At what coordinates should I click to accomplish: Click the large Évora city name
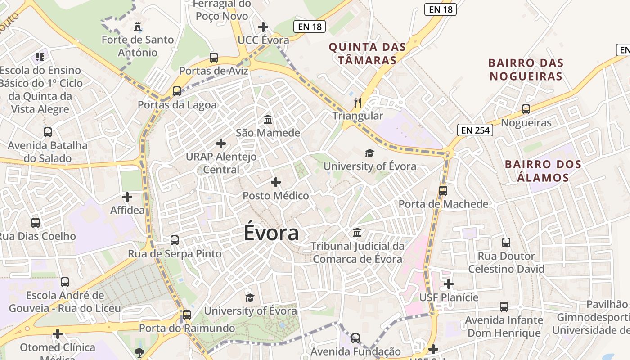[x=271, y=233]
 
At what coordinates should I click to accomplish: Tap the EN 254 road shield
[x=476, y=130]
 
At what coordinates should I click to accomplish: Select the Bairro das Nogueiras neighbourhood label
[x=526, y=69]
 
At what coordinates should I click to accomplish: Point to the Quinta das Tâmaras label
[x=367, y=54]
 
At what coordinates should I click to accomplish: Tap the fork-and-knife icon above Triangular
[x=358, y=103]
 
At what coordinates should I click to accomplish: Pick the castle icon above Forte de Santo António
[x=138, y=27]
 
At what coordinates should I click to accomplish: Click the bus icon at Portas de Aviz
[x=214, y=58]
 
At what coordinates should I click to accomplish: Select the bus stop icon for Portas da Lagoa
[x=177, y=91]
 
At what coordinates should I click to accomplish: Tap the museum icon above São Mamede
[x=268, y=120]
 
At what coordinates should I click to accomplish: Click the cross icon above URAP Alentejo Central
[x=221, y=144]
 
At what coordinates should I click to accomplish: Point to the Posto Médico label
[x=276, y=196]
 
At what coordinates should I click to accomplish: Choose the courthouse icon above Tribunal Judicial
[x=358, y=233]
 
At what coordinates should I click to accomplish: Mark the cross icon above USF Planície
[x=449, y=284]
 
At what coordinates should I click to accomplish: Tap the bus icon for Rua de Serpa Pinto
[x=175, y=240]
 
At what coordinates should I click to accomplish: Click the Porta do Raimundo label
[x=187, y=328]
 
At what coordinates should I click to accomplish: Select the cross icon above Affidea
[x=127, y=197]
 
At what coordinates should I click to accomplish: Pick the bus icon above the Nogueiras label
[x=526, y=109]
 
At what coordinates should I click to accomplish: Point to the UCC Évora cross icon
[x=263, y=27]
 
